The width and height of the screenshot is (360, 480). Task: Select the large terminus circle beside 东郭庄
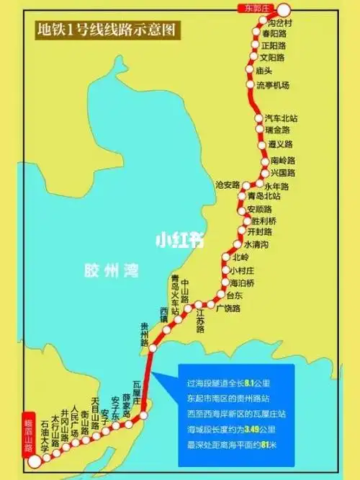[283, 10]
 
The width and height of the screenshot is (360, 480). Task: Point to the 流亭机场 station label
[273, 85]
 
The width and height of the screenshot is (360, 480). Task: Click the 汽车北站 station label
[281, 118]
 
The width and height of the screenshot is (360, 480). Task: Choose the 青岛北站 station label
[264, 196]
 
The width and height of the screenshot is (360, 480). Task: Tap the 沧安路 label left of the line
[227, 185]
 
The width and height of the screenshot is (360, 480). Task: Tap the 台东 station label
[234, 295]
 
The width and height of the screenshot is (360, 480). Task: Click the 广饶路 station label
[228, 308]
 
